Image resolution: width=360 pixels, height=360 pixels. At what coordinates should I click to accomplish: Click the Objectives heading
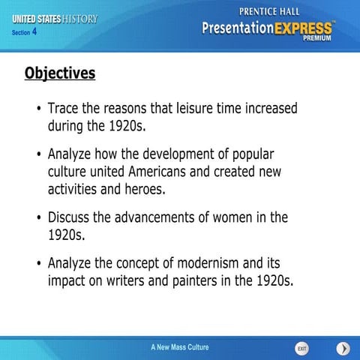point(60,73)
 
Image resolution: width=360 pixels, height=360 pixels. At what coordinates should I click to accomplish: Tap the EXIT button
point(301,349)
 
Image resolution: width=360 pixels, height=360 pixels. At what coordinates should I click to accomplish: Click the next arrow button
point(343,349)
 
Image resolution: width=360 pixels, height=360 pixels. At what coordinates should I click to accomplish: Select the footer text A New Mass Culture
point(180,347)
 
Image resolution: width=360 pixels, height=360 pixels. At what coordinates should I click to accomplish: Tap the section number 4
point(34,32)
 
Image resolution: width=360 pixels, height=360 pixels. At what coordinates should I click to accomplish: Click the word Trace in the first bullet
point(65,109)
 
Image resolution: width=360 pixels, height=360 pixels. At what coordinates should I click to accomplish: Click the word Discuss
point(73,217)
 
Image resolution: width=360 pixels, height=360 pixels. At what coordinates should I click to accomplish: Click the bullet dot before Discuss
point(38,219)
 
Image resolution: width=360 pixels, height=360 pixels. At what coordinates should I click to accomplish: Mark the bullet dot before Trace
point(38,110)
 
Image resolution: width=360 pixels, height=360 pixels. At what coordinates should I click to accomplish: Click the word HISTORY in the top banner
point(80,18)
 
